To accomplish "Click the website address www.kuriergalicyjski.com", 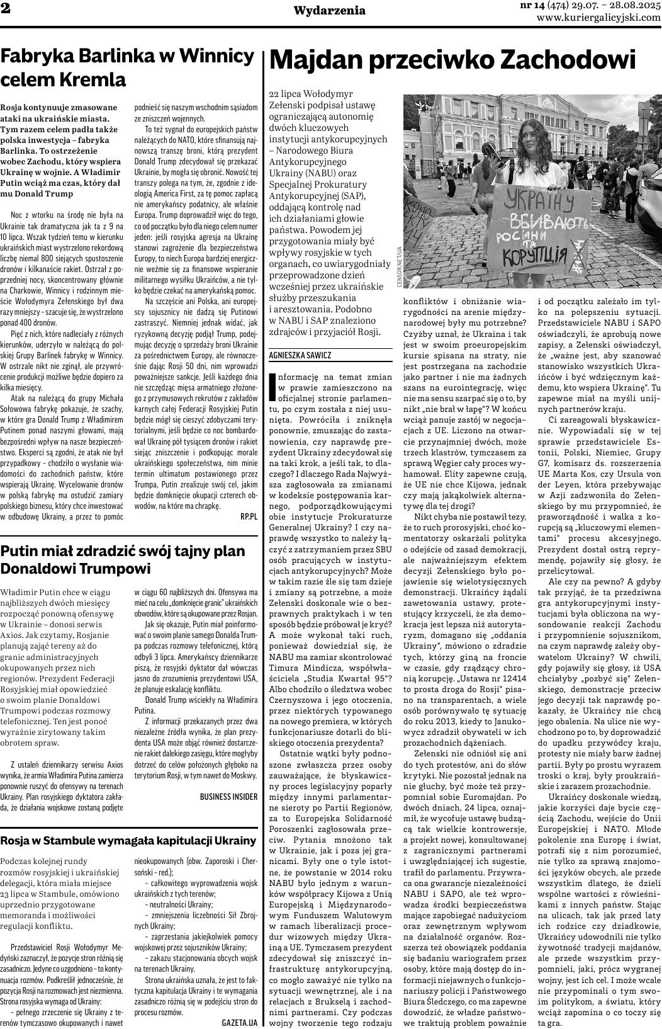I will click(598, 18).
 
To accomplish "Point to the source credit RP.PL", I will click(249, 516).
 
